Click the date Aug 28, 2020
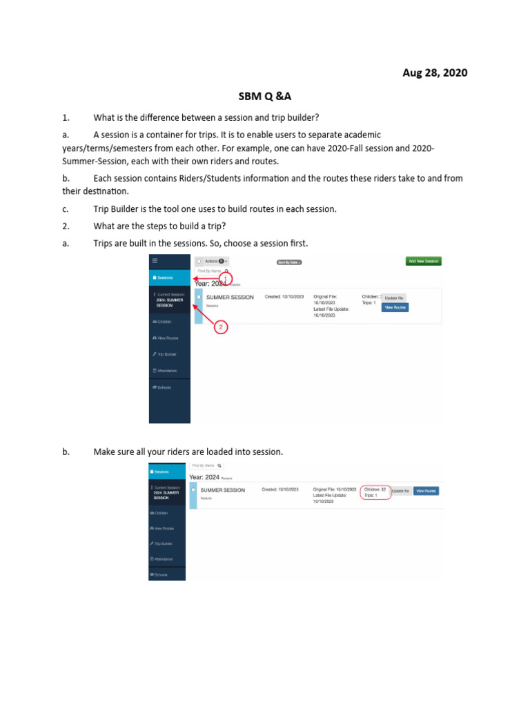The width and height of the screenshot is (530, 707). click(435, 72)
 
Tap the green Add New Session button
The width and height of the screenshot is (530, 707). click(423, 261)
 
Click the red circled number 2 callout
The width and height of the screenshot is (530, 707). click(220, 327)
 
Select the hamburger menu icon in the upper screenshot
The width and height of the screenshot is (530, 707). click(155, 261)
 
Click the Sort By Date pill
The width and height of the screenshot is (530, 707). click(289, 262)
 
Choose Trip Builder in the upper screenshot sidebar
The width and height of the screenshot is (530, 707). click(166, 354)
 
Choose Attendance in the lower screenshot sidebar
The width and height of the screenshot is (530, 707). click(163, 559)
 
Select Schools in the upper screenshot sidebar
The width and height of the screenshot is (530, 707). click(163, 387)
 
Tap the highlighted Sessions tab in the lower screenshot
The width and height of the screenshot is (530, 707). click(168, 472)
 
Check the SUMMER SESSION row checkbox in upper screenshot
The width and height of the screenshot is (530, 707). click(199, 298)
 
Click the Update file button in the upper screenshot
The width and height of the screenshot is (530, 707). click(393, 298)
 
